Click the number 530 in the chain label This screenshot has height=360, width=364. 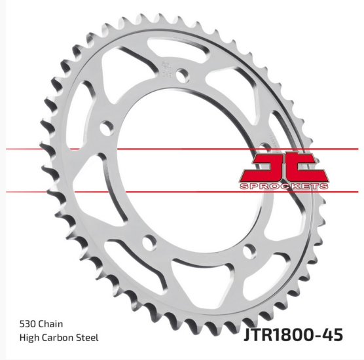(28, 324)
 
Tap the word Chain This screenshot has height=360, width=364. (50, 324)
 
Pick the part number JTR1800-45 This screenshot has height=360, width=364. (293, 334)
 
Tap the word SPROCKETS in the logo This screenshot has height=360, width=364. (283, 186)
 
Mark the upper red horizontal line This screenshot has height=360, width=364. (182, 149)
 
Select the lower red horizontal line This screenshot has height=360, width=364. (182, 192)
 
